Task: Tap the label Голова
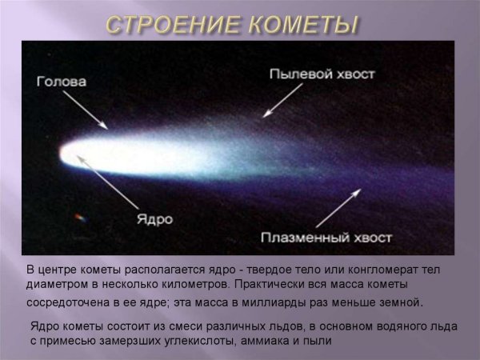(x=61, y=82)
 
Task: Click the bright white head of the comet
(x=72, y=153)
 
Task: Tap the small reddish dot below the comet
(x=78, y=217)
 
